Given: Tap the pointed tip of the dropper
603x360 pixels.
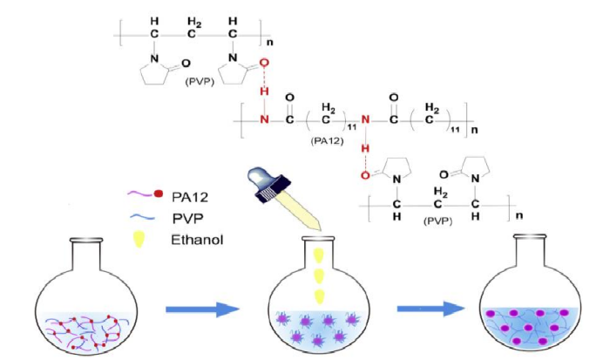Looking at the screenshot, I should (325, 233).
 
